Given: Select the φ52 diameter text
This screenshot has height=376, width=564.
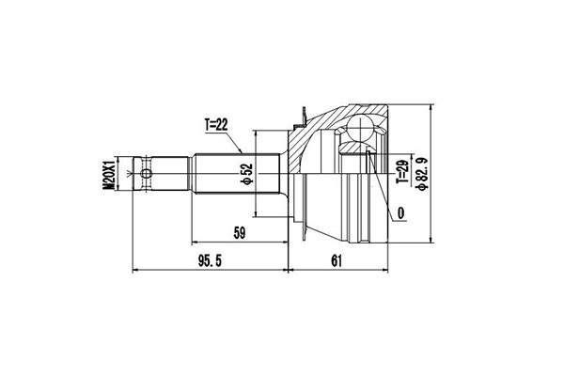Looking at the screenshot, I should [246, 174].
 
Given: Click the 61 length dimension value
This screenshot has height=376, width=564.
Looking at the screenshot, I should [337, 260].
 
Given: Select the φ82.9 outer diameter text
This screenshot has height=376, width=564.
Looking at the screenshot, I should [424, 174].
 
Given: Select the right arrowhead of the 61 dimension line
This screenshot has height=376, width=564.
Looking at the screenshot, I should [388, 270].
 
